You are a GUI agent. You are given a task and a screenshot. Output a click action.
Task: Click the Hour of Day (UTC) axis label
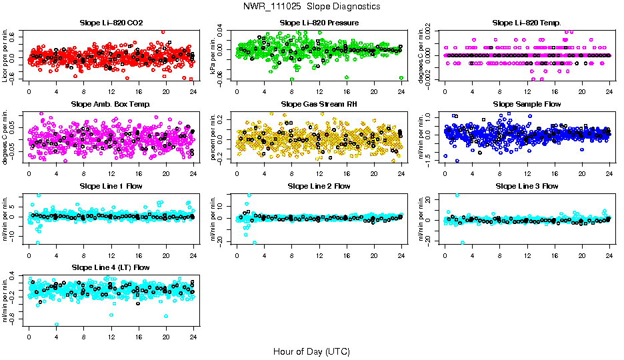[x=311, y=351]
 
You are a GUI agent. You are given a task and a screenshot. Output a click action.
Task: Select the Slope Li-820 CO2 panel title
[x=111, y=23]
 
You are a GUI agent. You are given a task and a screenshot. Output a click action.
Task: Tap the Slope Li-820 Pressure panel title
[x=319, y=23]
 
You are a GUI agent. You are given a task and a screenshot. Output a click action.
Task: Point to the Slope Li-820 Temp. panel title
[x=527, y=23]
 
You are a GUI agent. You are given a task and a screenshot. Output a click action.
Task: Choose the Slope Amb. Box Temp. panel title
[x=111, y=105]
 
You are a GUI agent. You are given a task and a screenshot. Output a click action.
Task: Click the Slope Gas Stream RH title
[x=319, y=105]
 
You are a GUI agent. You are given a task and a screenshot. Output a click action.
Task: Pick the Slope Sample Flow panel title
[x=527, y=105]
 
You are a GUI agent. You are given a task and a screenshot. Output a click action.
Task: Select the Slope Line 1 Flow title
[x=111, y=186]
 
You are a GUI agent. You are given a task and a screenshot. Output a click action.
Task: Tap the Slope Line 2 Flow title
[x=319, y=186]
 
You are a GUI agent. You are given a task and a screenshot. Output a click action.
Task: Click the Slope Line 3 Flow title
[x=527, y=186]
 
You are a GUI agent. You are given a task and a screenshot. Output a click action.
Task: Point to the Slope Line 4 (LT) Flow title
[x=111, y=267]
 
